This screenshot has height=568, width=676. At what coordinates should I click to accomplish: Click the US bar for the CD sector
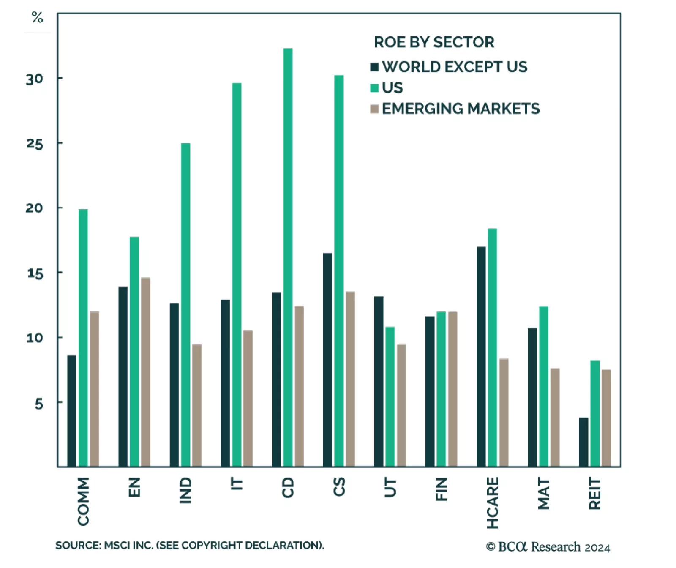point(288,258)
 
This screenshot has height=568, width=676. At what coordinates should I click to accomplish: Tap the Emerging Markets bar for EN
point(145,372)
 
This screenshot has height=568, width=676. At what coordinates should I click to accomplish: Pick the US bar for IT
point(237,275)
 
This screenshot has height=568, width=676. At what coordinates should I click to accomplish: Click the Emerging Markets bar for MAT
point(555,417)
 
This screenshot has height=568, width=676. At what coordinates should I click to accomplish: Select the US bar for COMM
point(83,338)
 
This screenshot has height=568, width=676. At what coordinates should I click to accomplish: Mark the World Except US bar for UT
point(379,381)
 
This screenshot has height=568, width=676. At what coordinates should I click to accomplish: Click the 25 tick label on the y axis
point(35,144)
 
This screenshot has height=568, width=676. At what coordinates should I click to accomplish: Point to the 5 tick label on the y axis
point(39,404)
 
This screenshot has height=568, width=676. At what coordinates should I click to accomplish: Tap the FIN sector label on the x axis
point(441,489)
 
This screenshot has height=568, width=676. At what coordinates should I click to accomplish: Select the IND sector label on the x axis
point(185,490)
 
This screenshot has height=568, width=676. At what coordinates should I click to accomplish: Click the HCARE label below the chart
point(493,502)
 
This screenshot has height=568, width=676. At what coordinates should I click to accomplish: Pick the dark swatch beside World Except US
point(374,67)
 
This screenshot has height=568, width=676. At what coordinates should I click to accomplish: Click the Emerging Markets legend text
point(461,109)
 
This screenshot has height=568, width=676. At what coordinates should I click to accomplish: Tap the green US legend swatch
point(374,88)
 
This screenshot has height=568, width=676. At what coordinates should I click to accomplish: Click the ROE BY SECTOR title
point(434,42)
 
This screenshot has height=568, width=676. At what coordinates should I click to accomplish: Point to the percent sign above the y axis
point(37,17)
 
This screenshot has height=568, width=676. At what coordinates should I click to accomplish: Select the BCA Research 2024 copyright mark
point(548,547)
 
